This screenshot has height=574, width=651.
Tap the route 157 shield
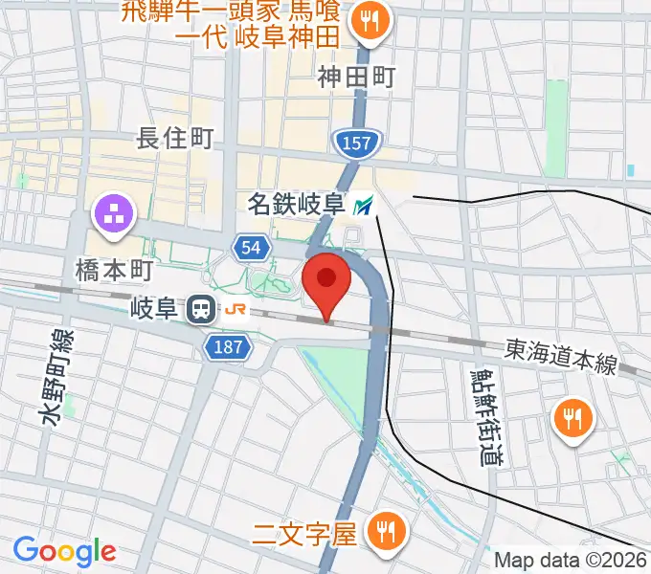358,143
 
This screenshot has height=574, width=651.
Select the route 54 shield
251,248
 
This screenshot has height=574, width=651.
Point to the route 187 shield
229,347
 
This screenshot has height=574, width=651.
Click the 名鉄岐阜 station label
296,204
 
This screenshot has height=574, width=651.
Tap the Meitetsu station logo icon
364,204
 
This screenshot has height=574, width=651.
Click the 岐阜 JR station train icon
201,309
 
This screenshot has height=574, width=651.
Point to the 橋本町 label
114,271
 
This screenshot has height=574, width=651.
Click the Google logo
64,550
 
